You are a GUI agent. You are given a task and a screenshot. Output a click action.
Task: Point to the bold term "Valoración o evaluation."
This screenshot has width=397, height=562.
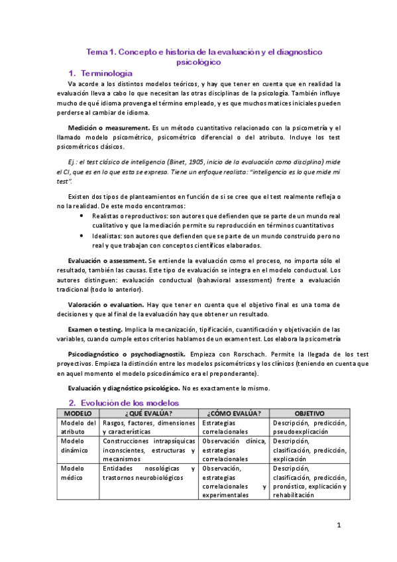tap(105, 304)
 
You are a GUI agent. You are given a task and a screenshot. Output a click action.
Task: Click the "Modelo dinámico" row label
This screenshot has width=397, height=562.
tap(77, 445)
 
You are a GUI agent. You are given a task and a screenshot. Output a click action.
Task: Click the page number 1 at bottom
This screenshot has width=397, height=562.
tap(339, 526)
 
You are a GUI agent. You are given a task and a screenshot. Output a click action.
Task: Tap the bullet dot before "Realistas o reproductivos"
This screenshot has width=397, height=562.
tap(81, 216)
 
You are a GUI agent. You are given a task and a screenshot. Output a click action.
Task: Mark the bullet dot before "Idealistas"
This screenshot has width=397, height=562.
tap(81, 235)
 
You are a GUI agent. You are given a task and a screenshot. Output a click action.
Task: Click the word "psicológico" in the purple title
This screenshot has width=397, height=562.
tap(199, 62)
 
